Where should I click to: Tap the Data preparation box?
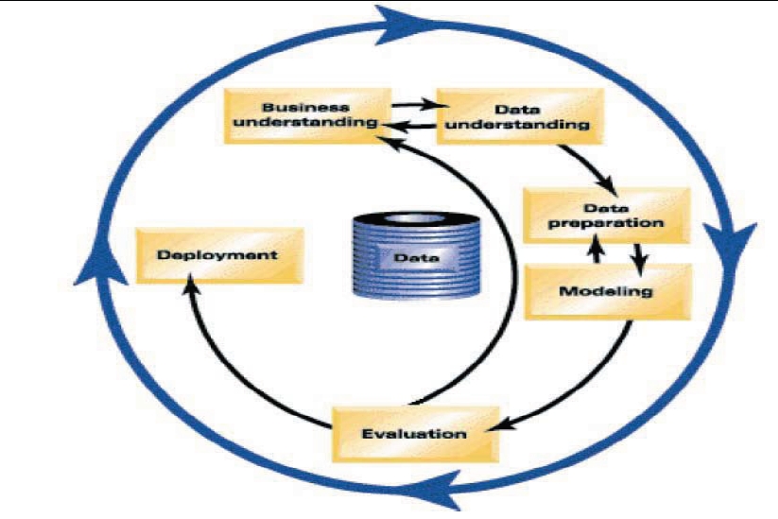606,215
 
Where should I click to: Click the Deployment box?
217,254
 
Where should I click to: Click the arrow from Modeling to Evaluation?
586,388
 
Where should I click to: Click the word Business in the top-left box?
293,106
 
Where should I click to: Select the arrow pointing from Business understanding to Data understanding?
412,105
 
